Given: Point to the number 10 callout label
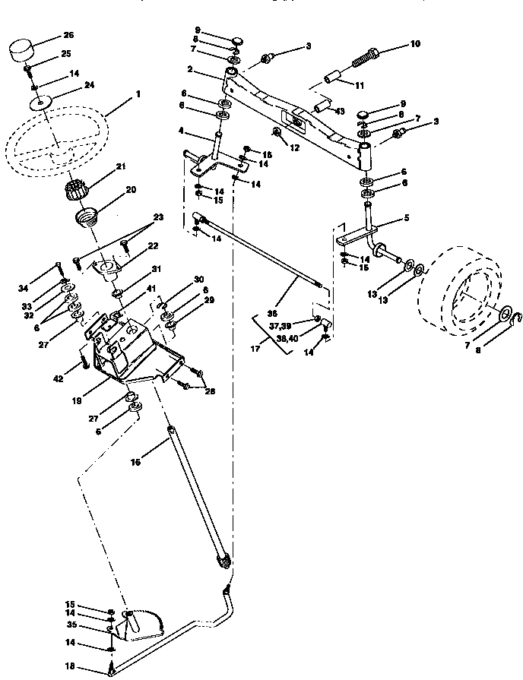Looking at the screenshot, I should (x=414, y=44).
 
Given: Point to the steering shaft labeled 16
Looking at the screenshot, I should (x=194, y=495).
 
